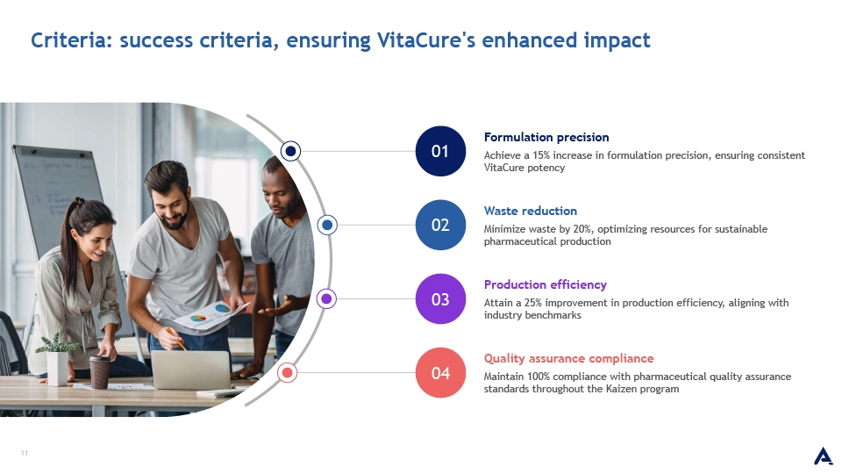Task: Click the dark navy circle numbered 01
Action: pyautogui.click(x=440, y=151)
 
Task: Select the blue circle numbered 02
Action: pyautogui.click(x=440, y=225)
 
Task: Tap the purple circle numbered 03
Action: pyautogui.click(x=440, y=298)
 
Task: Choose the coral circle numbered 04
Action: pyautogui.click(x=440, y=372)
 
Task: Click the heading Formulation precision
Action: pyautogui.click(x=546, y=137)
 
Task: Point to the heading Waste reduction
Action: pyautogui.click(x=531, y=211)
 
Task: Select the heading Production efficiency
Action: pyautogui.click(x=545, y=284)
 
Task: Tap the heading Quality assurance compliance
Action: pyautogui.click(x=568, y=358)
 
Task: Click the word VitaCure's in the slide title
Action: pyautogui.click(x=426, y=40)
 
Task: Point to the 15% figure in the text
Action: pyautogui.click(x=541, y=155)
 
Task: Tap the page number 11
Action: pyautogui.click(x=25, y=453)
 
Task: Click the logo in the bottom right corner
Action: pyautogui.click(x=824, y=456)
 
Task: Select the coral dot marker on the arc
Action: pyautogui.click(x=288, y=372)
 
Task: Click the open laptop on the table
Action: pyautogui.click(x=191, y=370)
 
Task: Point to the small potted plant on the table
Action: pyautogui.click(x=57, y=359)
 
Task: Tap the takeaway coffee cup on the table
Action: pyautogui.click(x=100, y=372)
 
